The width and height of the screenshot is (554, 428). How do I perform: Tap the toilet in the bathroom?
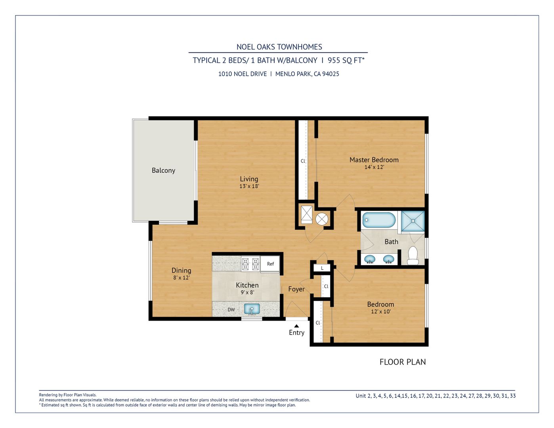click(413, 256)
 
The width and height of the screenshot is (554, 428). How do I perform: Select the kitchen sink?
click(252, 309)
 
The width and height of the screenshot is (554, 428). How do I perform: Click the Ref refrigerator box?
click(270, 264)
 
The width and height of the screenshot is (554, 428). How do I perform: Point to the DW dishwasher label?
click(231, 310)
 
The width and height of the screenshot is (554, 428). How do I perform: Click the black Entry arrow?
click(296, 325)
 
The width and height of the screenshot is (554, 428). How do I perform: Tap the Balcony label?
click(163, 170)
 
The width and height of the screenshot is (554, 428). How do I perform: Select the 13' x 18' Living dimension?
click(249, 186)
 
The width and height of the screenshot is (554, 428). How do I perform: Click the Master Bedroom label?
click(374, 160)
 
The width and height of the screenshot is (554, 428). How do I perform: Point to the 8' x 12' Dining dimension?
click(181, 277)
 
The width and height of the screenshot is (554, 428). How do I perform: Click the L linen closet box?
click(322, 268)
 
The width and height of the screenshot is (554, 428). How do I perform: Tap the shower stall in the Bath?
click(413, 221)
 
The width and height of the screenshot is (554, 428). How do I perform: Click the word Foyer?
click(296, 289)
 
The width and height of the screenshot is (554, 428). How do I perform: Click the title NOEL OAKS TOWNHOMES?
click(279, 47)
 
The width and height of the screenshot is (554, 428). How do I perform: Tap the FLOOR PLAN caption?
click(403, 362)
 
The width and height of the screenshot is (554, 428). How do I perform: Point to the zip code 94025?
click(330, 74)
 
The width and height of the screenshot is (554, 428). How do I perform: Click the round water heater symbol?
click(322, 219)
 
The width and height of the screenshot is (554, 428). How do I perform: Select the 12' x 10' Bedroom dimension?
click(381, 311)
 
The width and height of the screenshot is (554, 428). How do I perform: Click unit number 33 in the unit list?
click(513, 396)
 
